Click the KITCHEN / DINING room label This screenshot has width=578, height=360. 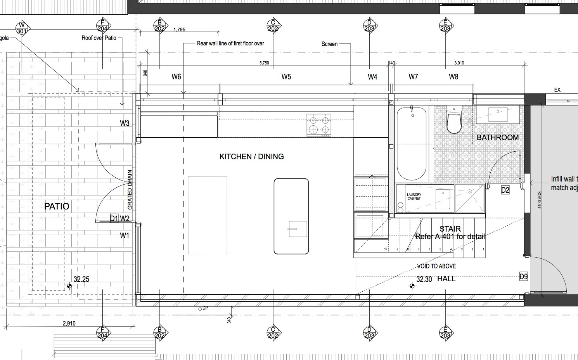(x=251, y=156)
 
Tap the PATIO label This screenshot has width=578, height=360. (x=57, y=206)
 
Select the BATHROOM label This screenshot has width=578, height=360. (x=497, y=137)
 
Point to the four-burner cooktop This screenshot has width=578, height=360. (x=319, y=125)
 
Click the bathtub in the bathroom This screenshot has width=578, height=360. (x=411, y=144)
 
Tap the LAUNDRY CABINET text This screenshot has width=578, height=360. (x=414, y=196)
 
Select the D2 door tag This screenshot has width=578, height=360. (x=505, y=190)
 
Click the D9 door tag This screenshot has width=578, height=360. (x=524, y=277)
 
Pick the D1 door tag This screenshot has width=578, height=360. (x=114, y=218)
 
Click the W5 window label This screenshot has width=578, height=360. (x=286, y=77)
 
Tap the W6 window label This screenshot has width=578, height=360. (x=176, y=77)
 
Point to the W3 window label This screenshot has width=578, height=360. (x=125, y=123)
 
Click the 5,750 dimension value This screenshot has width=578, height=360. (x=264, y=63)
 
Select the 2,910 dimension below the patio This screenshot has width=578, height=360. (x=69, y=324)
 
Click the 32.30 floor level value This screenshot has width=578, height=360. (x=424, y=279)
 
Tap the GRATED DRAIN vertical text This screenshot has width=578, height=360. (x=130, y=190)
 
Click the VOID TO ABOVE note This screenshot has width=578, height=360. (x=436, y=266)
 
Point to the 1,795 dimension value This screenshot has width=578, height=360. (x=180, y=29)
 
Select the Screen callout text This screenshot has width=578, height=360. (x=329, y=44)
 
